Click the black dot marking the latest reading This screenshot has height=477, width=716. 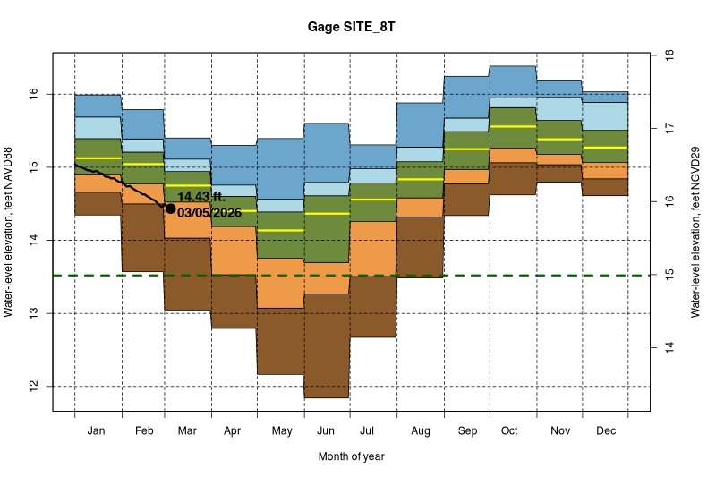click(x=170, y=208)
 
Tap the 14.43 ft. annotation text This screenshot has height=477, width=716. click(x=201, y=197)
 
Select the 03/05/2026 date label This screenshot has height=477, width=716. click(x=209, y=213)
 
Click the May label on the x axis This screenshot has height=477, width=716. click(x=281, y=431)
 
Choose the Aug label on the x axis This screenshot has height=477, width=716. click(x=420, y=431)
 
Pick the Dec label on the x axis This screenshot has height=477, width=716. click(x=604, y=431)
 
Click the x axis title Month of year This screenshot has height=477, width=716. click(x=351, y=456)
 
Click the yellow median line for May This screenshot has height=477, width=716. click(x=281, y=230)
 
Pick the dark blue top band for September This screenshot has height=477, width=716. click(x=465, y=97)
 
